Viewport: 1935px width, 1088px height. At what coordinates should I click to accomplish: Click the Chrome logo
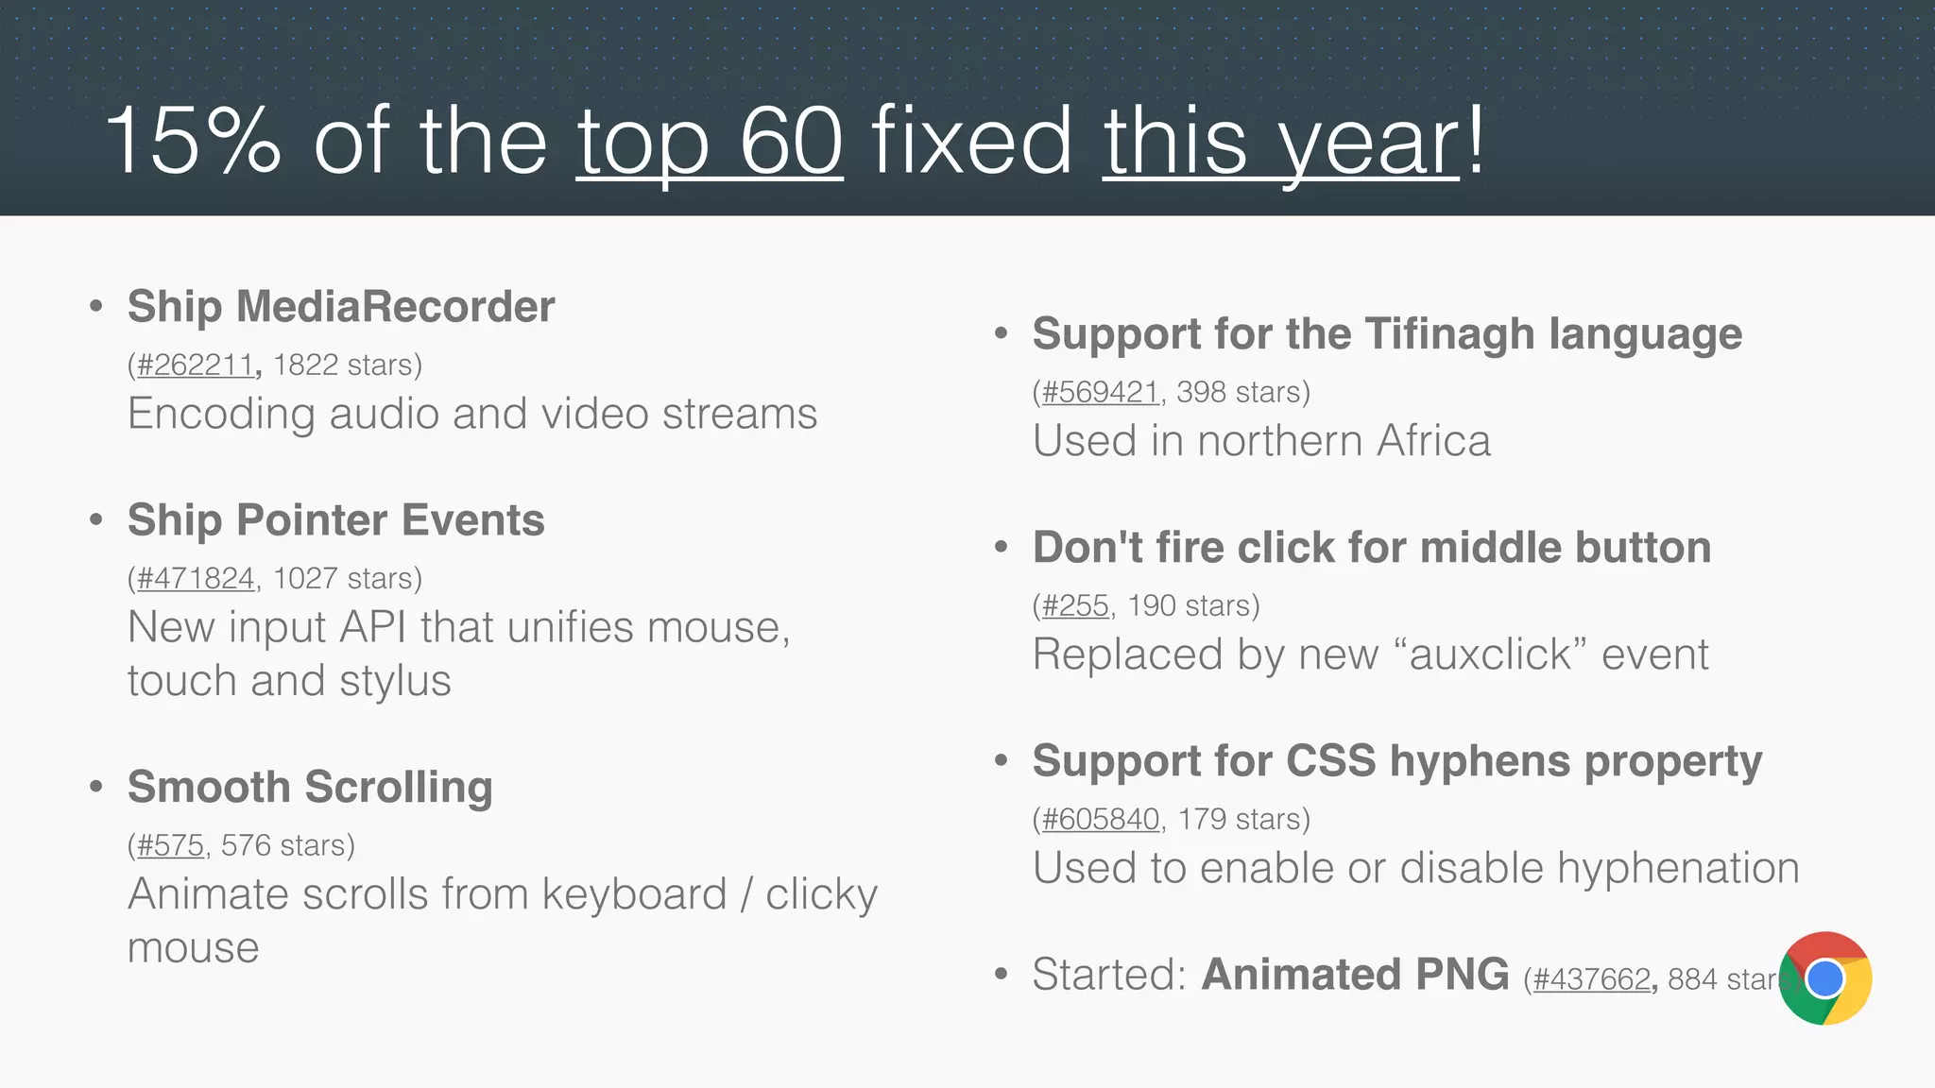click(x=1824, y=978)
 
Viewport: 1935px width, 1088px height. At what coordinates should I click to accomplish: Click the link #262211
click(x=195, y=365)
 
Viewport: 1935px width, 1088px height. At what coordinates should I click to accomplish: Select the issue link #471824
click(x=196, y=579)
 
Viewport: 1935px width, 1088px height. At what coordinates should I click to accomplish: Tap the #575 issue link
click(x=170, y=846)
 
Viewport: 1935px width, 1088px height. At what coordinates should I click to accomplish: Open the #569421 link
click(x=1100, y=393)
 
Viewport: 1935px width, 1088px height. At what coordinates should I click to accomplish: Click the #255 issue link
click(x=1075, y=606)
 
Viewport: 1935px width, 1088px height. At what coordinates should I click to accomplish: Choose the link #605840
click(x=1100, y=820)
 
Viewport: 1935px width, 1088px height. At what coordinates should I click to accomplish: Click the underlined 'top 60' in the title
click(x=709, y=142)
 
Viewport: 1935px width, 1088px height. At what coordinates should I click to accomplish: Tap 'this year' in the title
click(x=1280, y=142)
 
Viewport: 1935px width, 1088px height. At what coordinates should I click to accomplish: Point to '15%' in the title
click(x=194, y=142)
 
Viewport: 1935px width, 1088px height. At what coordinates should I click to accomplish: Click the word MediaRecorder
click(x=395, y=307)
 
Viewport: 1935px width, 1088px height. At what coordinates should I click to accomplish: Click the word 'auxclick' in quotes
click(x=1490, y=655)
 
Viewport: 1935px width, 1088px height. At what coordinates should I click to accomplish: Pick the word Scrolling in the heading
click(x=398, y=788)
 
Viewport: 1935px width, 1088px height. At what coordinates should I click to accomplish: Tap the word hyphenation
click(x=1678, y=869)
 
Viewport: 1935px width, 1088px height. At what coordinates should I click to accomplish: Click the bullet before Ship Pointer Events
click(x=95, y=519)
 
